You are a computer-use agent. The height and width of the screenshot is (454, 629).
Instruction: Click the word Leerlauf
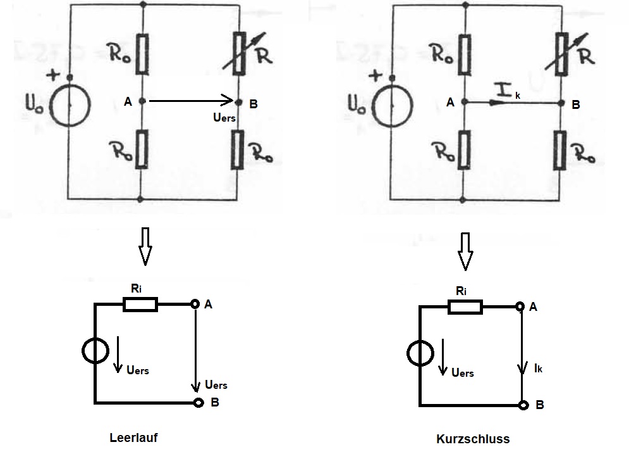click(133, 438)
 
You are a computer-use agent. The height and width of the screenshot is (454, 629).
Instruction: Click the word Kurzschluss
click(473, 439)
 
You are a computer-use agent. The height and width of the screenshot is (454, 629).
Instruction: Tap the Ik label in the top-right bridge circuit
click(508, 92)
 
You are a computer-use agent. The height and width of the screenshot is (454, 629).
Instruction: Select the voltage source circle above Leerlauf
click(95, 350)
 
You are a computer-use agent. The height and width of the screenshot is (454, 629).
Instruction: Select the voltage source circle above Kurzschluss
click(420, 353)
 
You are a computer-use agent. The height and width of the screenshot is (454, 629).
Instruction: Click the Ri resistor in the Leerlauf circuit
click(140, 304)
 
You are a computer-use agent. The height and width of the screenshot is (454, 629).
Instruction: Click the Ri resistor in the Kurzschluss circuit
click(465, 306)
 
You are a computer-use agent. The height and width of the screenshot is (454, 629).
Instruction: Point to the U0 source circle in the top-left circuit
click(70, 105)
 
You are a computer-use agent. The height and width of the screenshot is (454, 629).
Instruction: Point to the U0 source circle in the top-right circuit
click(392, 106)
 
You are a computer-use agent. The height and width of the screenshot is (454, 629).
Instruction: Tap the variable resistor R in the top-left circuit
click(239, 53)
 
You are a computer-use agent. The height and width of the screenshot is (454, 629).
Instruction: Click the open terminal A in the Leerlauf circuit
click(195, 304)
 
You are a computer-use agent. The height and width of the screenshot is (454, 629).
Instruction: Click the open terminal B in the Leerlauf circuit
click(198, 402)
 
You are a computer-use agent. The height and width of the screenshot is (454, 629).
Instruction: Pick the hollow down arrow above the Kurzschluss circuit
click(465, 251)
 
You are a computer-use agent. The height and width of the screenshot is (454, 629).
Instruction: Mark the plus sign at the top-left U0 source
click(52, 75)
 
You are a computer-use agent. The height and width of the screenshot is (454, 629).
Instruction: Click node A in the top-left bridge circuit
click(142, 101)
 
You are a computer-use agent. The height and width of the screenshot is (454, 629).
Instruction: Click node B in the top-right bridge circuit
click(561, 103)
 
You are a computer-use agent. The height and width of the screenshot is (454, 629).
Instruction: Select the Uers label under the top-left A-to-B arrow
click(224, 117)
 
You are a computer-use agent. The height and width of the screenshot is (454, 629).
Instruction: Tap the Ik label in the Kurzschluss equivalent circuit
click(538, 368)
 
